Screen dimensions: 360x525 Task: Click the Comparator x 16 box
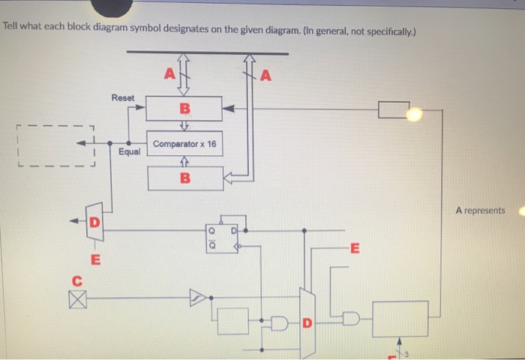point(184,143)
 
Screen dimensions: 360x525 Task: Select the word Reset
point(122,98)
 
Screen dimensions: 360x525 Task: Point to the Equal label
point(129,151)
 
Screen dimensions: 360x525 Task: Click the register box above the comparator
point(184,109)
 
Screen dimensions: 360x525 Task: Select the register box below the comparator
point(184,178)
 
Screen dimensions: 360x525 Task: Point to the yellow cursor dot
point(415,113)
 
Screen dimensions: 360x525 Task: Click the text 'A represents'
point(480,211)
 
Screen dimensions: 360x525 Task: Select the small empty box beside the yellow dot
point(393,110)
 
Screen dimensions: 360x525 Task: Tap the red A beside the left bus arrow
point(169,73)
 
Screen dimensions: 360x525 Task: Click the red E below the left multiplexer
point(94,260)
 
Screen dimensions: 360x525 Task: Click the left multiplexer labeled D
point(94,222)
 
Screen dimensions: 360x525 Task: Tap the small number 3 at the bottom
point(409,352)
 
